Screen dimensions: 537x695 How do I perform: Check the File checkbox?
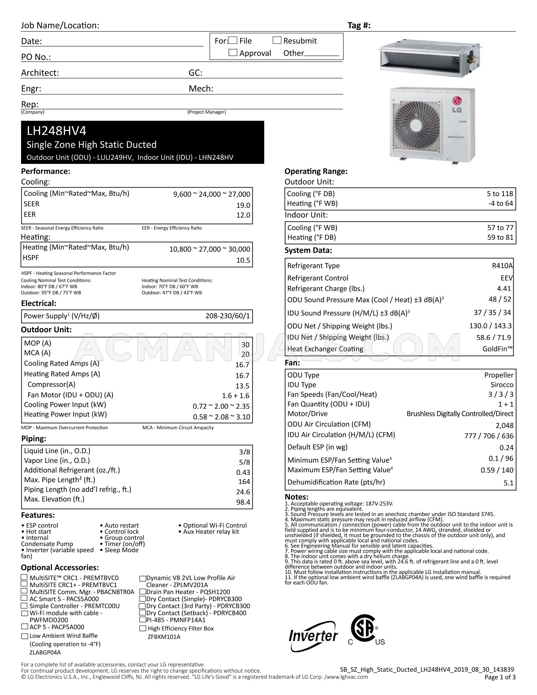tap(233, 40)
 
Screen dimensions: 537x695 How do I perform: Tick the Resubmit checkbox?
tap(277, 40)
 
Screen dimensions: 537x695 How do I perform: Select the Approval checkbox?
tap(233, 53)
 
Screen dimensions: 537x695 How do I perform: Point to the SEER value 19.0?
tap(243, 205)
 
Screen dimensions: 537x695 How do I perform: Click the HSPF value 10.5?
tap(243, 260)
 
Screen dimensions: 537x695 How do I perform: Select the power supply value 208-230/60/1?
tap(227, 317)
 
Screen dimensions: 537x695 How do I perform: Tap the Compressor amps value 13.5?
tap(243, 386)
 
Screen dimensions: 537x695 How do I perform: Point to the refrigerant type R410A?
tap(502, 266)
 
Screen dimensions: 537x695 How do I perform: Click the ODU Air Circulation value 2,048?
tap(504, 425)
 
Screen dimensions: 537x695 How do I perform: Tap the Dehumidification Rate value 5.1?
tap(508, 483)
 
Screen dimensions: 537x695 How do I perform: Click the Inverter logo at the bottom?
tap(313, 636)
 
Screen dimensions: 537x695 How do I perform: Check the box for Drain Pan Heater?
tap(142, 592)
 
